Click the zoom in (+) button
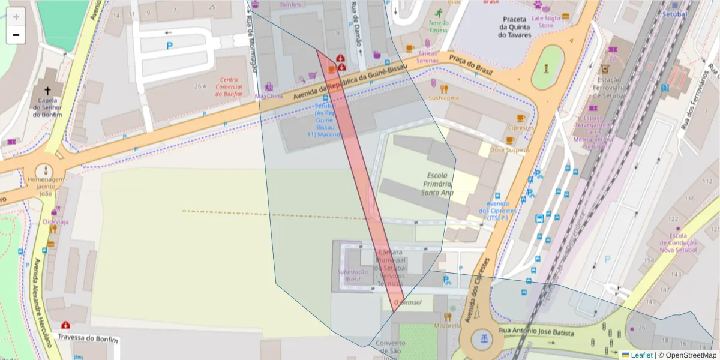[x=16, y=16]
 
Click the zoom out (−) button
[x=16, y=35]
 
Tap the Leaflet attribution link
[x=641, y=355]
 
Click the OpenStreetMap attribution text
[x=687, y=355]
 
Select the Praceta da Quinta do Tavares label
[x=514, y=27]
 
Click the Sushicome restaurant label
[x=444, y=98]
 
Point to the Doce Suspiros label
[x=509, y=149]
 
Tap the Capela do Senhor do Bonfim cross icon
[x=47, y=90]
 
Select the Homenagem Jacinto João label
[x=44, y=186]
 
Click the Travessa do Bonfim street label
[x=87, y=337]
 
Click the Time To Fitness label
[x=438, y=26]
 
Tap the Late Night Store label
[x=545, y=22]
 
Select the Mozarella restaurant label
[x=447, y=325]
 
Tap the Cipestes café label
[x=520, y=128]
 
